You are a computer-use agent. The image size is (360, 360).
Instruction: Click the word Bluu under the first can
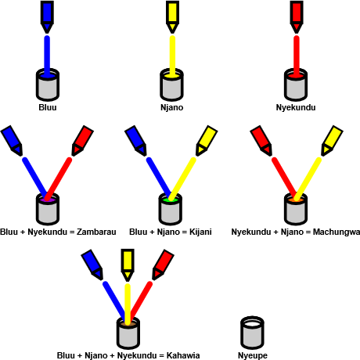click(x=48, y=107)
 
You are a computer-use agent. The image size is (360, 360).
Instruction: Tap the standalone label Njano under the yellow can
click(x=171, y=107)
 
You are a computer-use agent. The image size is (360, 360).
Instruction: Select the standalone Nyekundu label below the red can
click(x=296, y=107)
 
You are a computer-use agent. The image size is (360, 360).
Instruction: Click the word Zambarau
click(x=96, y=232)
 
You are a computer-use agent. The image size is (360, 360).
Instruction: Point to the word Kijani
click(x=200, y=232)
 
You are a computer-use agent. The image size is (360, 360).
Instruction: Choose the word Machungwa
click(x=337, y=232)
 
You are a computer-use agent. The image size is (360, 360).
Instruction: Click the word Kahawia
click(x=183, y=355)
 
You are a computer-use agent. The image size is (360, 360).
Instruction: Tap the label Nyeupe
click(x=253, y=355)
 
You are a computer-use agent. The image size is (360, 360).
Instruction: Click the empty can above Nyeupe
click(x=252, y=333)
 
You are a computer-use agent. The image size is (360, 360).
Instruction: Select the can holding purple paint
click(x=48, y=209)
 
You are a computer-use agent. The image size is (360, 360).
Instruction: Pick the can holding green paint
click(x=171, y=209)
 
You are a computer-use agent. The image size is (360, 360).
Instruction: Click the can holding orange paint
click(x=296, y=209)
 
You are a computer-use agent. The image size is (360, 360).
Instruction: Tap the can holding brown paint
click(x=128, y=333)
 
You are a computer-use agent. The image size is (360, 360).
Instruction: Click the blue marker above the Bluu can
click(x=47, y=16)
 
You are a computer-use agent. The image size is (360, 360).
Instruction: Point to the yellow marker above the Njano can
click(x=172, y=16)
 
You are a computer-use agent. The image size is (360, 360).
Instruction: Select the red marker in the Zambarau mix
click(x=82, y=141)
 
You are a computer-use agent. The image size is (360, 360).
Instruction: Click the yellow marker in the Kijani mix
click(x=207, y=141)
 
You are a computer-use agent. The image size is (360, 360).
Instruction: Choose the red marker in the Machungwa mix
click(x=261, y=141)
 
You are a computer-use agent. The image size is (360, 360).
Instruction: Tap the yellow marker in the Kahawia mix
click(x=128, y=265)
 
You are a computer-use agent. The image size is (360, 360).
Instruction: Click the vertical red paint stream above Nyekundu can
click(x=297, y=56)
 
